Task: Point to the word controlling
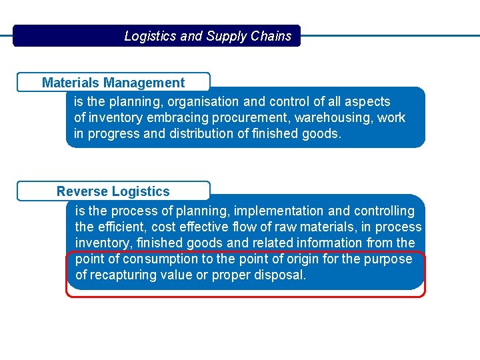[x=384, y=211]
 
